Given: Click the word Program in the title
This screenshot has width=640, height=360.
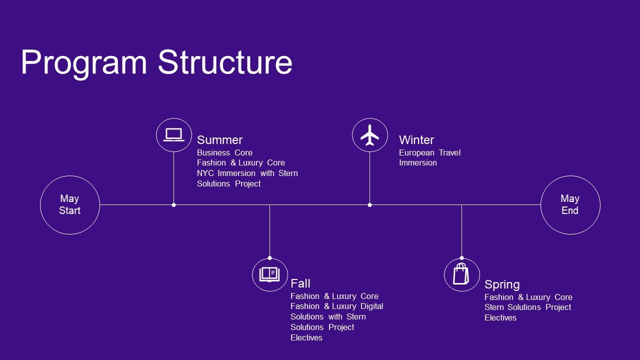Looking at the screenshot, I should [83, 63].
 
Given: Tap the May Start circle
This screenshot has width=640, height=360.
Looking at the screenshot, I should [69, 204].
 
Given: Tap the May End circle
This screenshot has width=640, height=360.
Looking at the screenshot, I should [570, 204].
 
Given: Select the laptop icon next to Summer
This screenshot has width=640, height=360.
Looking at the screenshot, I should [173, 134].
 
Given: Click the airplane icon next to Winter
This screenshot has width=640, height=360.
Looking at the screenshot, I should [369, 135].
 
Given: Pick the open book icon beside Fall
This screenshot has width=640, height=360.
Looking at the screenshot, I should [269, 274].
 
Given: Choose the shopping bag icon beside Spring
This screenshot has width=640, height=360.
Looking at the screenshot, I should [461, 274].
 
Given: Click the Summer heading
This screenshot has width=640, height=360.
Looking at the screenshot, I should [219, 140].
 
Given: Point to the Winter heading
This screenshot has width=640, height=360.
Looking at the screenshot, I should [416, 140].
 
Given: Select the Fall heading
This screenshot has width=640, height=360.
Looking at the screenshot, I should [300, 283].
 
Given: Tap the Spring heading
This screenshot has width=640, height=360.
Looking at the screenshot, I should [502, 284].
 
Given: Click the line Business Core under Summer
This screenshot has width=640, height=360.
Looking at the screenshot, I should [224, 152].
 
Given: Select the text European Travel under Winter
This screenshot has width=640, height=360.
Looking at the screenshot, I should [429, 152].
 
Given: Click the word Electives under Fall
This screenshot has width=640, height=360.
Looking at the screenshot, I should [306, 337].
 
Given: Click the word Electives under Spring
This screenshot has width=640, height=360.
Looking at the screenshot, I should [500, 317].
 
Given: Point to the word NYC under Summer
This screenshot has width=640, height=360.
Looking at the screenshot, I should [205, 173].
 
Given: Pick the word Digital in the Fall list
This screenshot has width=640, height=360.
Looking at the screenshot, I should [371, 306].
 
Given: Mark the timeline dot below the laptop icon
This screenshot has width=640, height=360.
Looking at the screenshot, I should [173, 204].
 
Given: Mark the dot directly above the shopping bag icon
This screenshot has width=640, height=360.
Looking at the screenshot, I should [461, 258].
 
